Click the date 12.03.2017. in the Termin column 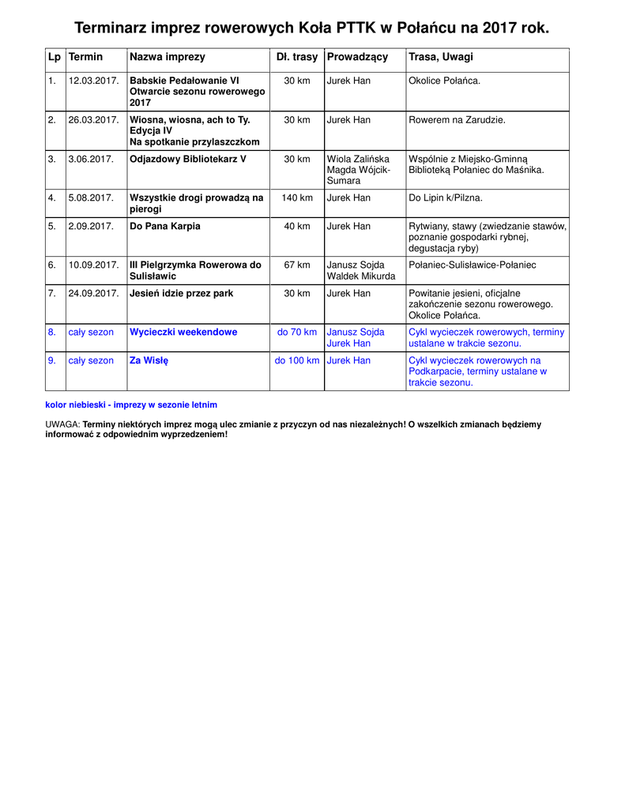(93, 81)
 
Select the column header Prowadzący (357, 57)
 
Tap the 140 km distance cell (297, 198)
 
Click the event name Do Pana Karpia (165, 226)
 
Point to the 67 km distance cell (297, 265)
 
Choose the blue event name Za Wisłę (149, 360)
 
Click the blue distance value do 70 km (297, 332)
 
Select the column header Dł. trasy (297, 57)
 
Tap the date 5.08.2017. (91, 198)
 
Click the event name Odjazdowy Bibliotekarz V (188, 159)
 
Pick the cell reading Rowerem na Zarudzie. (457, 120)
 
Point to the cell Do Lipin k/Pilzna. (445, 198)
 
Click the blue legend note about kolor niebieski (131, 404)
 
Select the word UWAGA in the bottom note (62, 424)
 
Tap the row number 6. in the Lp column (51, 265)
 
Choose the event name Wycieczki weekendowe (183, 332)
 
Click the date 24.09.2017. (93, 293)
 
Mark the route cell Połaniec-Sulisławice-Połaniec (472, 265)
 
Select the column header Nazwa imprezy (168, 57)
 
